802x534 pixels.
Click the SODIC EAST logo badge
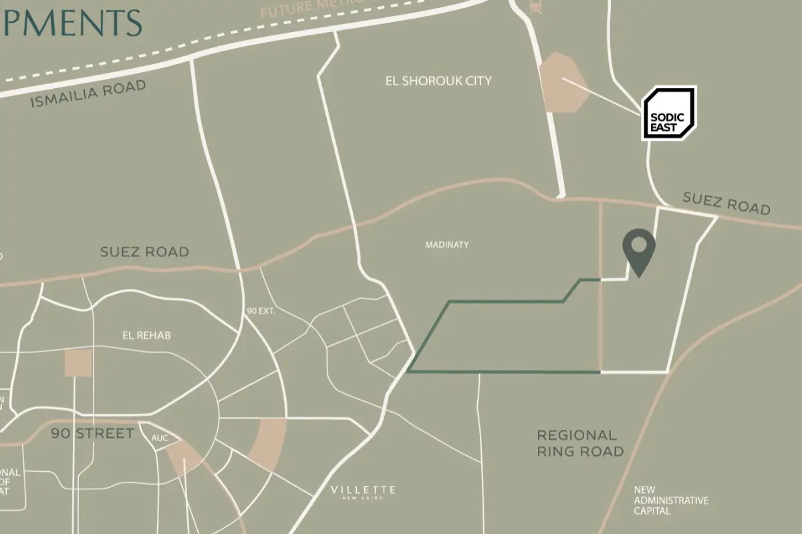(x=669, y=113)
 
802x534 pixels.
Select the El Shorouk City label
(x=438, y=81)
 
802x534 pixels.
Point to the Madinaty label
(x=447, y=245)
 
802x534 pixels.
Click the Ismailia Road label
(x=88, y=94)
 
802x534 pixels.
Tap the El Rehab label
(x=146, y=335)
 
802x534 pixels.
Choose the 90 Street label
(x=92, y=434)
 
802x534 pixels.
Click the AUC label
(x=160, y=439)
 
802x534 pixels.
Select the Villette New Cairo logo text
(x=363, y=492)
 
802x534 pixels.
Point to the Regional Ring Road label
(x=580, y=443)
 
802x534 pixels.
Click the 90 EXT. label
(x=261, y=311)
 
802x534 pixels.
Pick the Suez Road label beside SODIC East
(x=726, y=203)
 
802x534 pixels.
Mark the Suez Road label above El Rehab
(x=144, y=252)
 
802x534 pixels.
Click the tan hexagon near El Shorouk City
(x=563, y=83)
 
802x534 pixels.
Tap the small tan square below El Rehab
(x=78, y=362)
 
